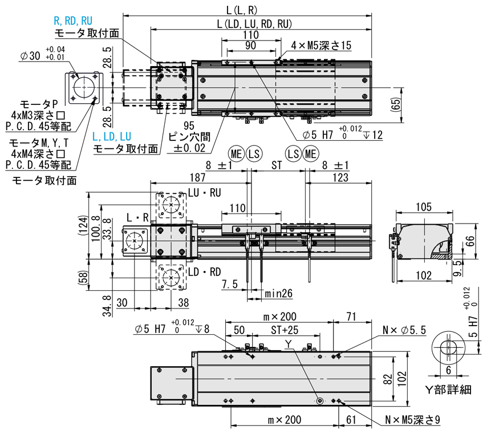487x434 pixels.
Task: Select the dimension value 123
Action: coord(340,177)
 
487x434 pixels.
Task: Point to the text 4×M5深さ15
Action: coord(322,46)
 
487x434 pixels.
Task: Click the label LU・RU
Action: coord(204,193)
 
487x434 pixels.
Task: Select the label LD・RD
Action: coord(204,271)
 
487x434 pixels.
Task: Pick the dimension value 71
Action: coord(351,316)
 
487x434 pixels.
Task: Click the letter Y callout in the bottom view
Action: coord(289,343)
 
